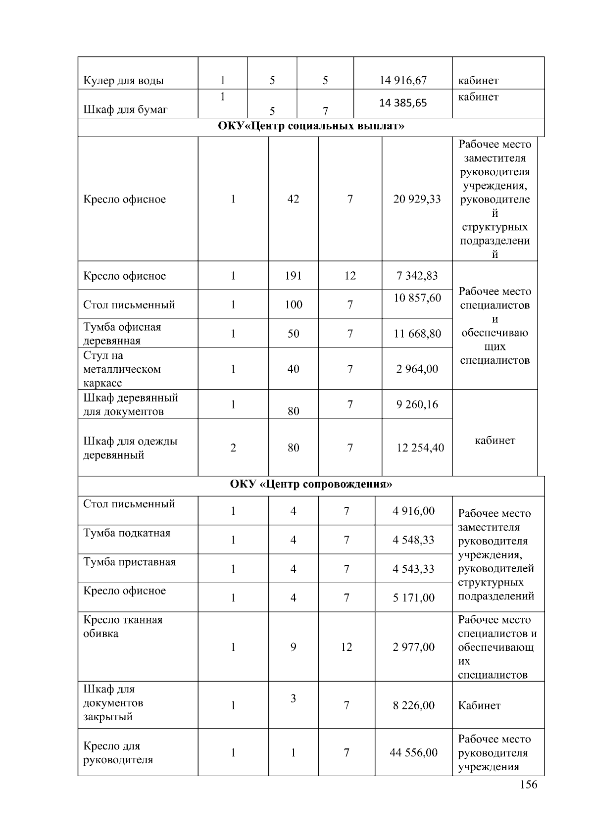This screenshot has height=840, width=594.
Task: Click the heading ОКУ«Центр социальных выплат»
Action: pyautogui.click(x=311, y=126)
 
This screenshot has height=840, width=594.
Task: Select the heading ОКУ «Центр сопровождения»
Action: pyautogui.click(x=311, y=484)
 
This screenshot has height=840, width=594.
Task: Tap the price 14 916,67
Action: pyautogui.click(x=403, y=80)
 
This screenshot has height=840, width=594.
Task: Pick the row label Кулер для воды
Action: pyautogui.click(x=123, y=81)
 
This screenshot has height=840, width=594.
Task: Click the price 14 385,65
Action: pyautogui.click(x=403, y=103)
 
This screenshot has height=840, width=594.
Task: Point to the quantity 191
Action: pyautogui.click(x=293, y=276)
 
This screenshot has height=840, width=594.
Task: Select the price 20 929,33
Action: pyautogui.click(x=417, y=199)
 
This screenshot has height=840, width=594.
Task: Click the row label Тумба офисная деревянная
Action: pyautogui.click(x=122, y=334)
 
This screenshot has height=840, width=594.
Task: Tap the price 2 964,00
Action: pyautogui.click(x=417, y=369)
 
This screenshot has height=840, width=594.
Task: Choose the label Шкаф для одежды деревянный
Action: pyautogui.click(x=130, y=448)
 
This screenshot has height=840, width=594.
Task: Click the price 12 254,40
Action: pyautogui.click(x=420, y=448)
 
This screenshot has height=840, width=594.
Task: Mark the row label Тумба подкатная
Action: pyautogui.click(x=127, y=533)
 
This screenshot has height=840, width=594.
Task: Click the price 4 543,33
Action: pyautogui.click(x=413, y=569)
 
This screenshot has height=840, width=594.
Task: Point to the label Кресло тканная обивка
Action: pyautogui.click(x=123, y=627)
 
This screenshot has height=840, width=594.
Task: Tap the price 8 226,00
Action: pyautogui.click(x=413, y=705)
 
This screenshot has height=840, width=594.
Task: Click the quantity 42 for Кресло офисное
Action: pyautogui.click(x=293, y=199)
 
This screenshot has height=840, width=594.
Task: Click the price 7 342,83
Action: pyautogui.click(x=417, y=276)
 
